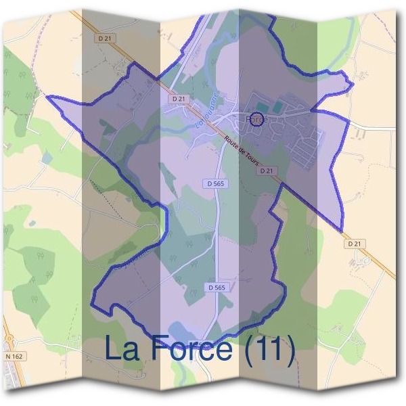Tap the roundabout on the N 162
9,339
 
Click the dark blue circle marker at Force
256,118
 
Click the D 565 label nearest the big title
216,288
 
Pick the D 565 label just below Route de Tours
213,183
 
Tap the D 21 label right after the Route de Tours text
267,171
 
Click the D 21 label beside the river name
179,99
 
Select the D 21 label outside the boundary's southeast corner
354,243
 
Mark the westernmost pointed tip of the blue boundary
47,97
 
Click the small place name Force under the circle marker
257,120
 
